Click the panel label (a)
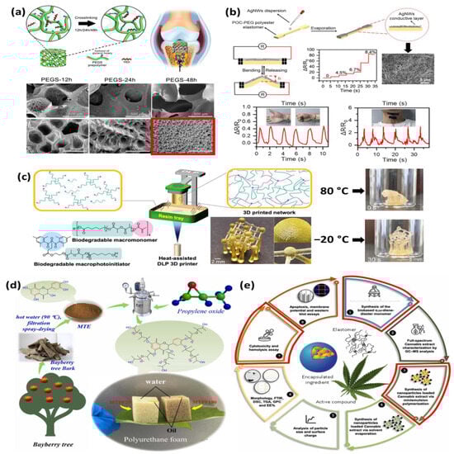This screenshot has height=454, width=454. [14, 11]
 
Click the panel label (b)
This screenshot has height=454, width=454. [238, 11]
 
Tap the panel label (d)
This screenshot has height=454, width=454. [13, 288]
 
